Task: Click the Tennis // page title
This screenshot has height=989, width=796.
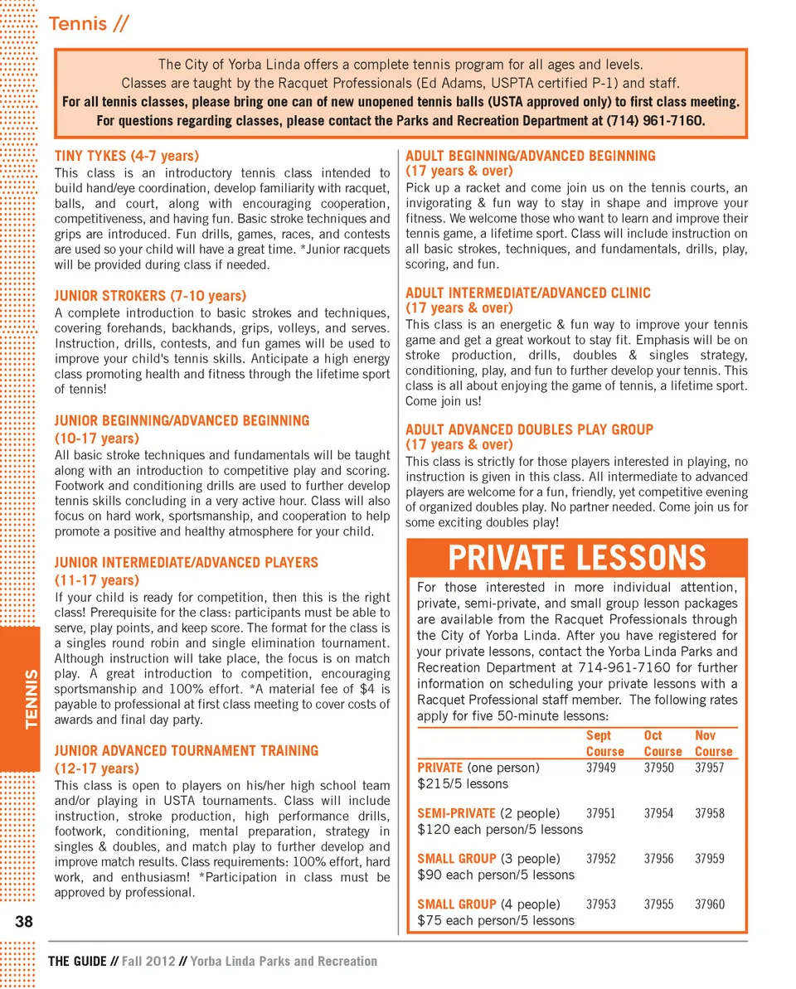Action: (89, 24)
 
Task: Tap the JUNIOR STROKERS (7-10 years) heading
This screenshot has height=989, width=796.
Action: (150, 295)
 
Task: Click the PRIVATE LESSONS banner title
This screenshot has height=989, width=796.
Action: (577, 558)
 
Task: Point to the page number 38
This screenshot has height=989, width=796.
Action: (23, 922)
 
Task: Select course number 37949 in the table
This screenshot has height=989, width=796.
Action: (601, 768)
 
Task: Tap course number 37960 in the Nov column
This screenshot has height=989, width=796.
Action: (710, 904)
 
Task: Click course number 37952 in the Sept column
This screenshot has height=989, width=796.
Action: (601, 859)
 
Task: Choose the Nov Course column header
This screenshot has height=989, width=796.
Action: (713, 744)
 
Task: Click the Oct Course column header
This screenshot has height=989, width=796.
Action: (662, 744)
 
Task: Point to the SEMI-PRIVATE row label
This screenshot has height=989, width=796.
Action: (456, 813)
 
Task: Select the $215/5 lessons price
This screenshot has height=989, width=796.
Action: (463, 783)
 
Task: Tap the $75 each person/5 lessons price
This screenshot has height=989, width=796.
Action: (496, 920)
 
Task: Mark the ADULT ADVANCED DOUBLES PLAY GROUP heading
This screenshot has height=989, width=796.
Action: (529, 429)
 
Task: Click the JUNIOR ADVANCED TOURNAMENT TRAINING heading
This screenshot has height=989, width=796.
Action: (186, 750)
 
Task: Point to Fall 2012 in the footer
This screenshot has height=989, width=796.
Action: (149, 962)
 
